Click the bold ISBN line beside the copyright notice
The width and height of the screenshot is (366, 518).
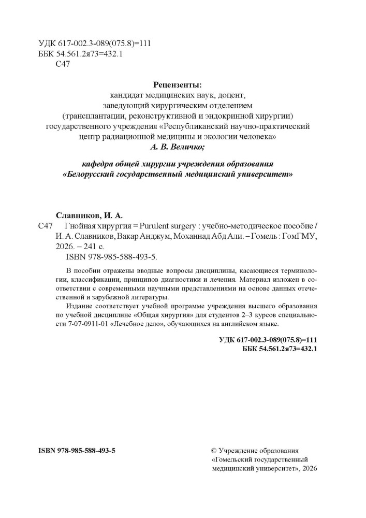[77, 451]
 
